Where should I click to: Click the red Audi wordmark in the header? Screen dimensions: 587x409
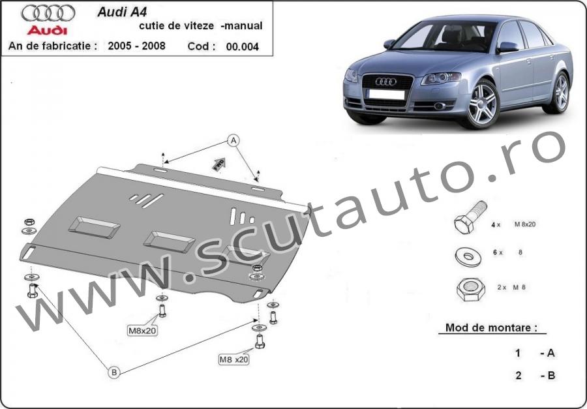(47, 31)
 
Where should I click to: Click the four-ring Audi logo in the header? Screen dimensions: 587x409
(48, 14)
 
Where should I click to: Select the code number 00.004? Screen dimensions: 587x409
(242, 46)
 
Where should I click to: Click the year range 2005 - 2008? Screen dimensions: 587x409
(137, 46)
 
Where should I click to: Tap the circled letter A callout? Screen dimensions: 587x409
(233, 140)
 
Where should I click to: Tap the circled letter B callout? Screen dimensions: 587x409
(114, 372)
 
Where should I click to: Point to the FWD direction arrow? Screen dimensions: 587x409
(219, 164)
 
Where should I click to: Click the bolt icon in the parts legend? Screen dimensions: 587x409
(470, 217)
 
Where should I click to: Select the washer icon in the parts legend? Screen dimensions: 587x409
(468, 256)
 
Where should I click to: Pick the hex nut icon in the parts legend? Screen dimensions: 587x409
(470, 290)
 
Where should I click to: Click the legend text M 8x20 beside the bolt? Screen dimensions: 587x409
(525, 224)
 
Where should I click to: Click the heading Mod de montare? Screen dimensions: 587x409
(490, 327)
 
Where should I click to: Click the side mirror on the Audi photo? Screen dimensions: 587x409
(508, 47)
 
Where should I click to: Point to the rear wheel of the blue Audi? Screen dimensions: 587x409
(560, 93)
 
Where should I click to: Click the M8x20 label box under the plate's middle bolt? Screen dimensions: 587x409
(142, 331)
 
